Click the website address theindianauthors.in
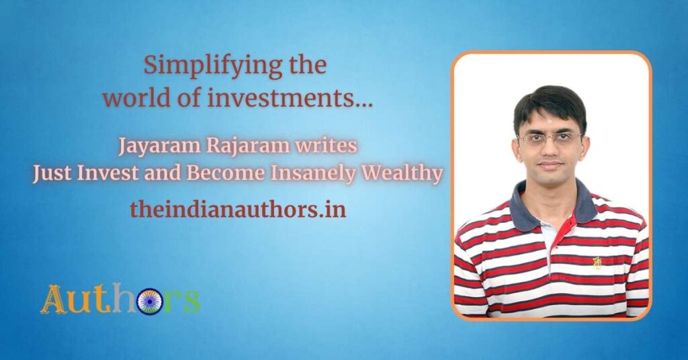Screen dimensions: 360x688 [x=238, y=210]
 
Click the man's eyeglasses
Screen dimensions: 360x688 [x=549, y=138]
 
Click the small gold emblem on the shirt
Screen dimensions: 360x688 [x=597, y=263]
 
